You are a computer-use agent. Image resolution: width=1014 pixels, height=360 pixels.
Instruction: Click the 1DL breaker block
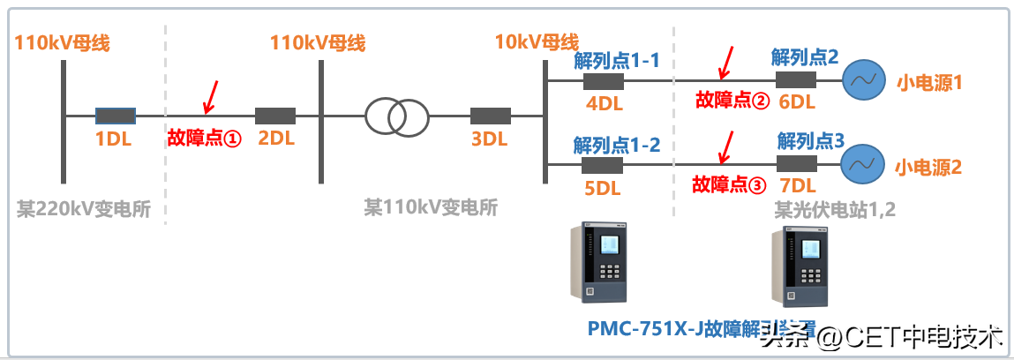[115, 116]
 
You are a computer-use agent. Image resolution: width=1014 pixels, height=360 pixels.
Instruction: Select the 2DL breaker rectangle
[275, 116]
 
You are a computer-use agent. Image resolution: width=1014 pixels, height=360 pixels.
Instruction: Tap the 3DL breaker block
[491, 116]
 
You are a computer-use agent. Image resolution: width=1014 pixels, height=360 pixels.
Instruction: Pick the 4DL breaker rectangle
[604, 82]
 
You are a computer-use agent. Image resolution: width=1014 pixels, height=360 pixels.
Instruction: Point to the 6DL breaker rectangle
[796, 81]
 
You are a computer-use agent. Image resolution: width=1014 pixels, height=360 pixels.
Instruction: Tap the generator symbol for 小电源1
[862, 82]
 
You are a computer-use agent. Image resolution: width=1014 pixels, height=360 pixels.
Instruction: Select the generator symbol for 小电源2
[862, 164]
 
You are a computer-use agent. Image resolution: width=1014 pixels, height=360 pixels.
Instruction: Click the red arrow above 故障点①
[210, 97]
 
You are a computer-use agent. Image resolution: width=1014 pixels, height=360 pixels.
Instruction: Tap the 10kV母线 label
[537, 41]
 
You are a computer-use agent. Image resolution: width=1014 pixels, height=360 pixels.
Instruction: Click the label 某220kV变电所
[84, 209]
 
